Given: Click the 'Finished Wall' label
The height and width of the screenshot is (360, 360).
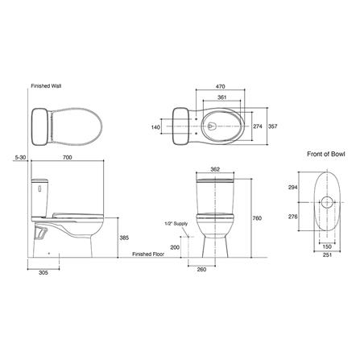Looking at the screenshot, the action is tap(46, 86).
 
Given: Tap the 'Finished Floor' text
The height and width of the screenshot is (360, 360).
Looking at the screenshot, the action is tap(148, 254).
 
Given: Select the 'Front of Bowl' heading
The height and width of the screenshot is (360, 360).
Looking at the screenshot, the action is tap(326, 154).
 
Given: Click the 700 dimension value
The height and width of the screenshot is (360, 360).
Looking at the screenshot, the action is tap(67, 158).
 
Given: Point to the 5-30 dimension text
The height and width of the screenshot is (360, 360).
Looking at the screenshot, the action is tap(20, 158).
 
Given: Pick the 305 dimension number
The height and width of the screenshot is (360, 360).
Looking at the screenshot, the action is tap(43, 273).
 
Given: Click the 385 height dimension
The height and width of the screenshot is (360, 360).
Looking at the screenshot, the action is tap(124, 238).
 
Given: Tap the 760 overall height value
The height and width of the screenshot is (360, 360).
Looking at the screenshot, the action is tap(257, 218).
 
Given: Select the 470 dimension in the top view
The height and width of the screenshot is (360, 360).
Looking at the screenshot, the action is tap(221, 87).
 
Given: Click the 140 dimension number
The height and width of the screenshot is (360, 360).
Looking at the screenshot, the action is tap(155, 127).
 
